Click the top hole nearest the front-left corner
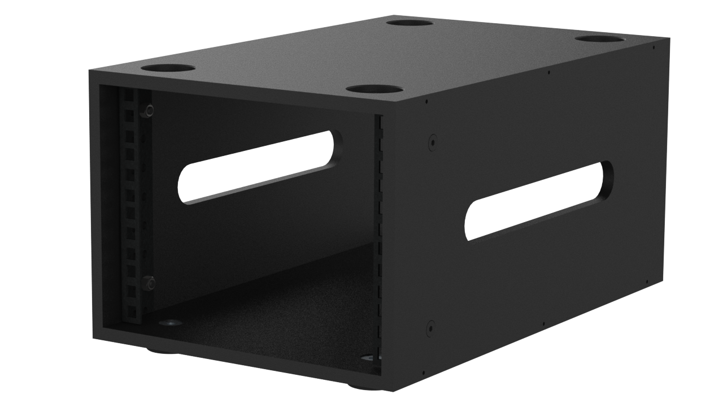168,68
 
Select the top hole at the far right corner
600,39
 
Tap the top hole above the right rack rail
374,89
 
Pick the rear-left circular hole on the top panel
410,23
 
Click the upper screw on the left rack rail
149,111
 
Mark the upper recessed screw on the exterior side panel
432,141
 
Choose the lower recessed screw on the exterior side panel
431,328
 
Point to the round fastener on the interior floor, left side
170,323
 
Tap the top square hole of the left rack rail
129,97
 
